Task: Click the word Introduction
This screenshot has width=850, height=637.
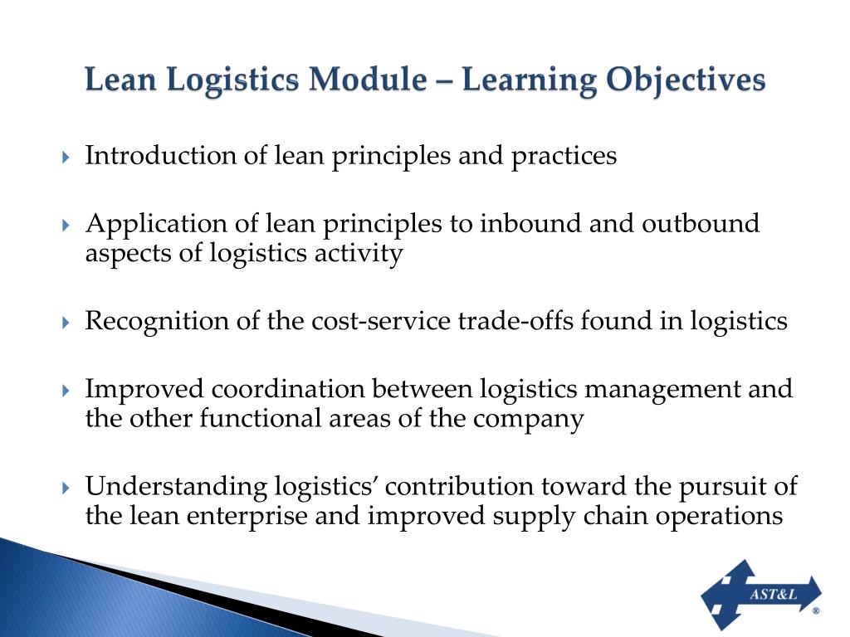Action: click(x=161, y=156)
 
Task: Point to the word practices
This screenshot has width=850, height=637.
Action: click(x=564, y=156)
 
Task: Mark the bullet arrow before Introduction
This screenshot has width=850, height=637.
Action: click(x=66, y=158)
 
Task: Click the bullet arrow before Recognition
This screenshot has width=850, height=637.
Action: click(x=66, y=323)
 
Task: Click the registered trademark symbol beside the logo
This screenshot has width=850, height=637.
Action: click(x=815, y=610)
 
